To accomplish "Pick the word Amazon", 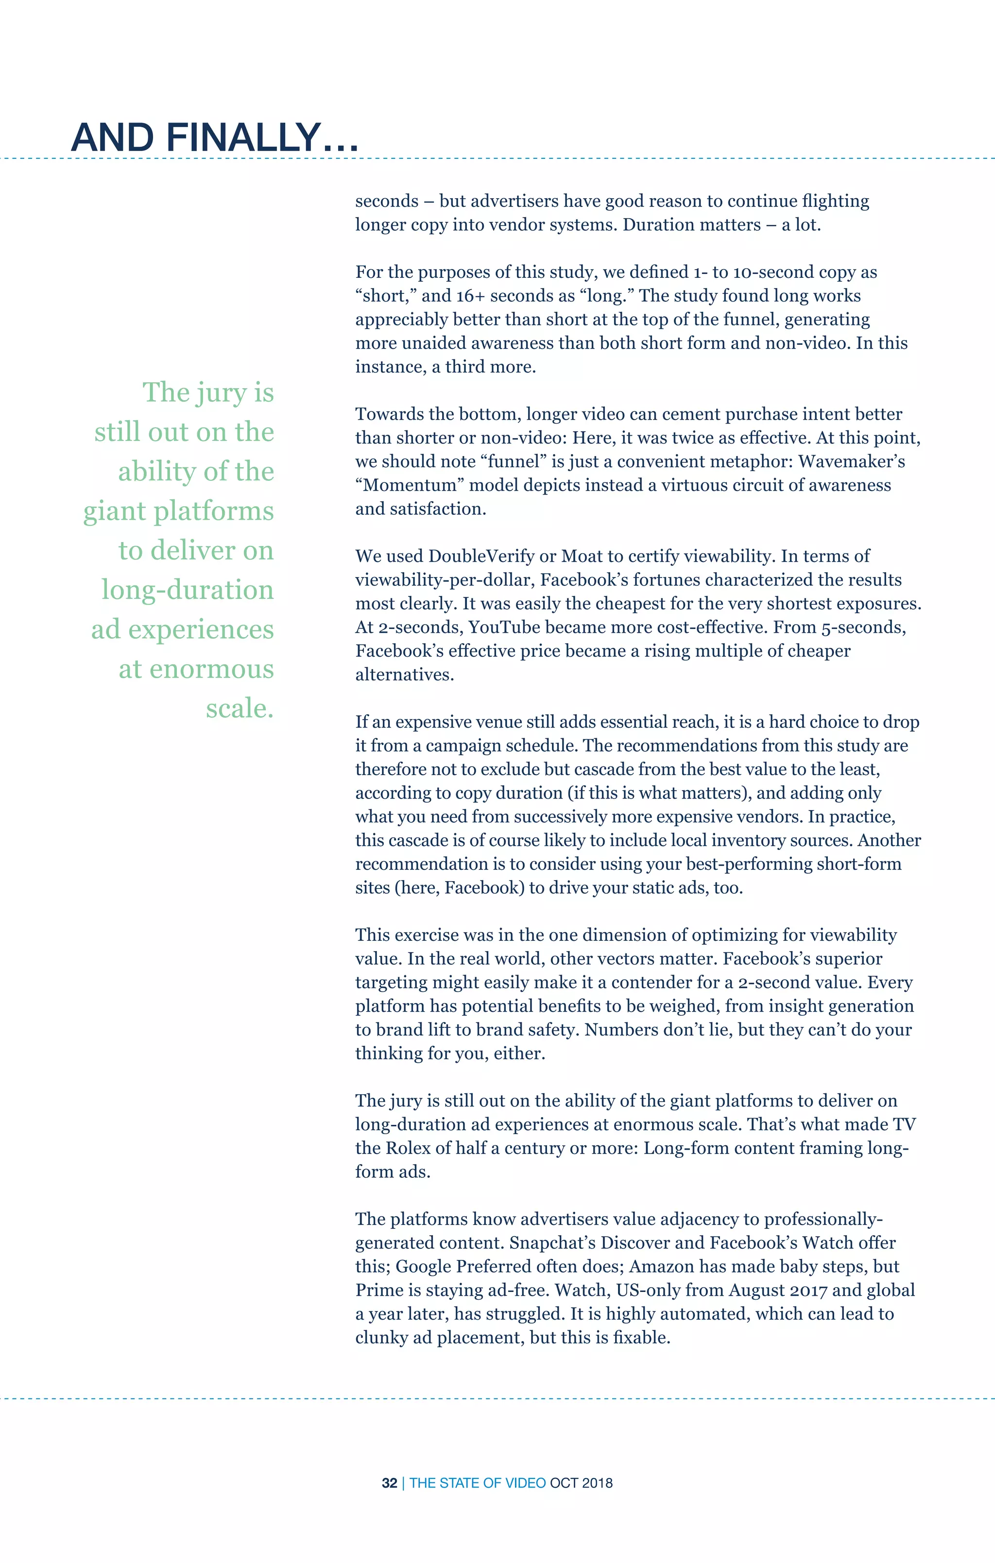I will point(661,1266).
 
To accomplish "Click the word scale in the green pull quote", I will point(237,708).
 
